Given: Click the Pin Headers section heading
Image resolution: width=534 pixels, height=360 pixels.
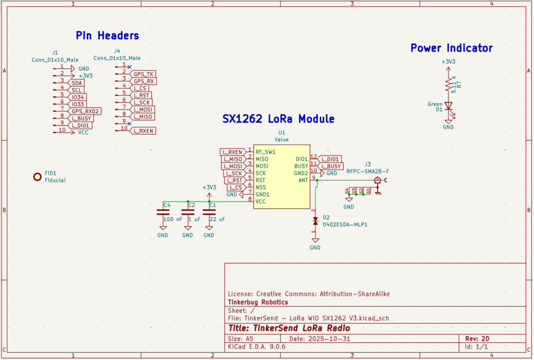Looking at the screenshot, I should (x=107, y=35).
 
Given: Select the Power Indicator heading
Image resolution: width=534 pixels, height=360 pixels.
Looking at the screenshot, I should (x=452, y=48).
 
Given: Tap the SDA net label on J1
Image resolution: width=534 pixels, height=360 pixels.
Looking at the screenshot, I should (x=77, y=83).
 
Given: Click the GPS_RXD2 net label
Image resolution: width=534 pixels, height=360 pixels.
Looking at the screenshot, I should (x=86, y=111).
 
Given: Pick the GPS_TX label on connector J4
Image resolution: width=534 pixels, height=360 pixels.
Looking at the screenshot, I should (x=143, y=75).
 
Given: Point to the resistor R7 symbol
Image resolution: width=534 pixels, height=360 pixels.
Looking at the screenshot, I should (x=448, y=85).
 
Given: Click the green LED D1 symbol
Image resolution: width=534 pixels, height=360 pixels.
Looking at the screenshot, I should (x=448, y=105).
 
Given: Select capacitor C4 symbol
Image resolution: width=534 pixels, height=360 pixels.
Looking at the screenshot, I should (x=163, y=212).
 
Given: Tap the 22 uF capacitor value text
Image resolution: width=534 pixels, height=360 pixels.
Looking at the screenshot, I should (x=217, y=220).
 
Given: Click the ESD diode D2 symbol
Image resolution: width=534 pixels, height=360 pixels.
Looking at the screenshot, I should (x=315, y=221).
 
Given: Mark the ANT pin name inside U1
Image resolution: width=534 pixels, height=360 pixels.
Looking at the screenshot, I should (x=302, y=180).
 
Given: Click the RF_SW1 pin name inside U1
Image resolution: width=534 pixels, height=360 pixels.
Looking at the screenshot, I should (x=265, y=152).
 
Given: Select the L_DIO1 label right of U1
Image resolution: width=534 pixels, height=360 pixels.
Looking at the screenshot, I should (x=331, y=159).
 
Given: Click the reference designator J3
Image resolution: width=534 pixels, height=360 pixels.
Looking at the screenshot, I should (x=368, y=164).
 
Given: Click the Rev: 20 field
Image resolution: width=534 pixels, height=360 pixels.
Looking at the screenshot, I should (x=477, y=339).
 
